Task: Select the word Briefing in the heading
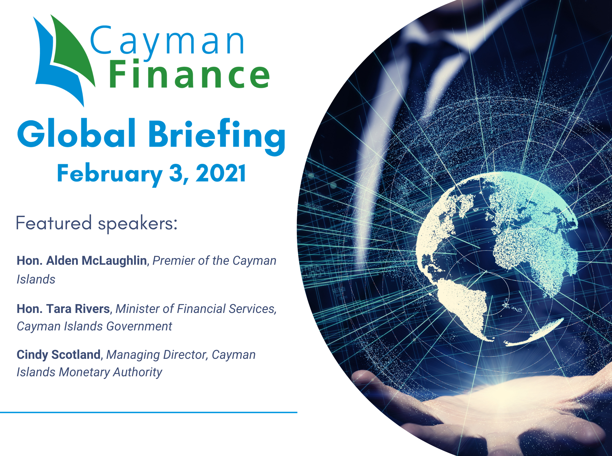coord(217,137)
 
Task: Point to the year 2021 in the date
coord(220,173)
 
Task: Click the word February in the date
coord(109,175)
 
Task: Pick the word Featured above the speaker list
coord(54,223)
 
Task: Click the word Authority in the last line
coord(138,372)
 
